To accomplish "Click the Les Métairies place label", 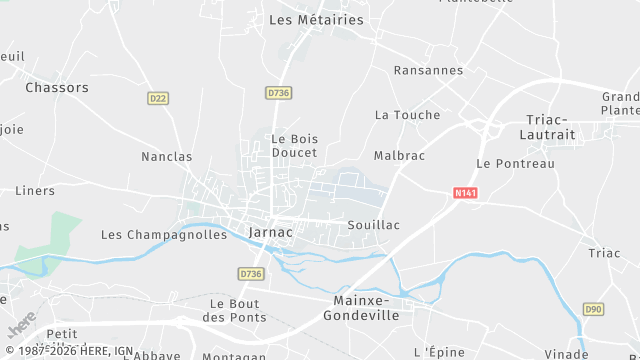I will point(317,19).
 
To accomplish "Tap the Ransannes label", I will point(428,70).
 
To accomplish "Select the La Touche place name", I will point(407,115).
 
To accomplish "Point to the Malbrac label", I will point(399,156).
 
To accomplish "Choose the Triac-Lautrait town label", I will point(548,126).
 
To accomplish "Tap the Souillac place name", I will point(373,225).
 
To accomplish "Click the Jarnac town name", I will point(270,232).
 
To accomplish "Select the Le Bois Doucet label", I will point(294,145).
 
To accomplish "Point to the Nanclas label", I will point(167,157).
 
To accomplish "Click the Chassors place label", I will point(56,87).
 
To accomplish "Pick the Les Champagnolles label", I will point(164,235).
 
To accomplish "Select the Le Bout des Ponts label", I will point(234,310).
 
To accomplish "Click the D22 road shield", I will point(157,98).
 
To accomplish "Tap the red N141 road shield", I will point(464,194).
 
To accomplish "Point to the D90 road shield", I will point(593,310).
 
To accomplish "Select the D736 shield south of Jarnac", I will point(250,273).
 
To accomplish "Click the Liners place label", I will point(35,190).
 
